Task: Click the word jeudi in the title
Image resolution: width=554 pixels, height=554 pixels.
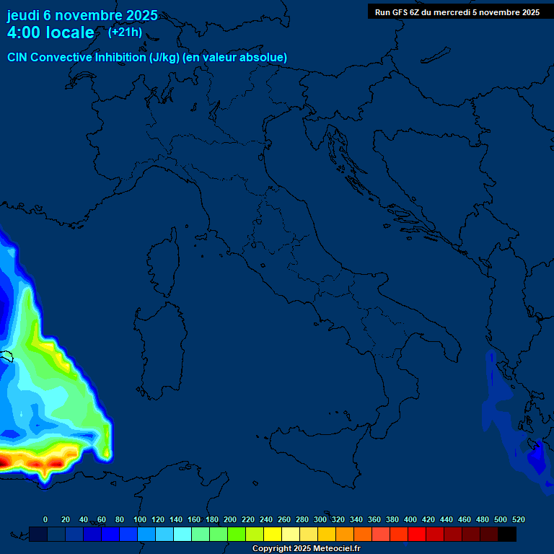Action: tap(22, 16)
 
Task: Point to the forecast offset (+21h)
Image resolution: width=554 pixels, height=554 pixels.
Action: tap(125, 32)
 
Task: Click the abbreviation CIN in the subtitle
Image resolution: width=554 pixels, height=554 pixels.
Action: tap(17, 58)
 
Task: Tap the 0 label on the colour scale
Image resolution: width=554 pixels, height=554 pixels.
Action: tap(45, 519)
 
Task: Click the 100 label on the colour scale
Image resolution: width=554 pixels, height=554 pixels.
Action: tap(140, 519)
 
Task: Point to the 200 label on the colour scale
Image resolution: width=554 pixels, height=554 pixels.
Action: tap(230, 519)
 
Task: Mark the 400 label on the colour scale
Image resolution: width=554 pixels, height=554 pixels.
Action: tap(410, 519)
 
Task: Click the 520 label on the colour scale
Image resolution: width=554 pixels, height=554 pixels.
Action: tap(518, 519)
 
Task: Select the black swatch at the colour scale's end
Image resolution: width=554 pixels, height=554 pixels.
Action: tap(507, 535)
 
